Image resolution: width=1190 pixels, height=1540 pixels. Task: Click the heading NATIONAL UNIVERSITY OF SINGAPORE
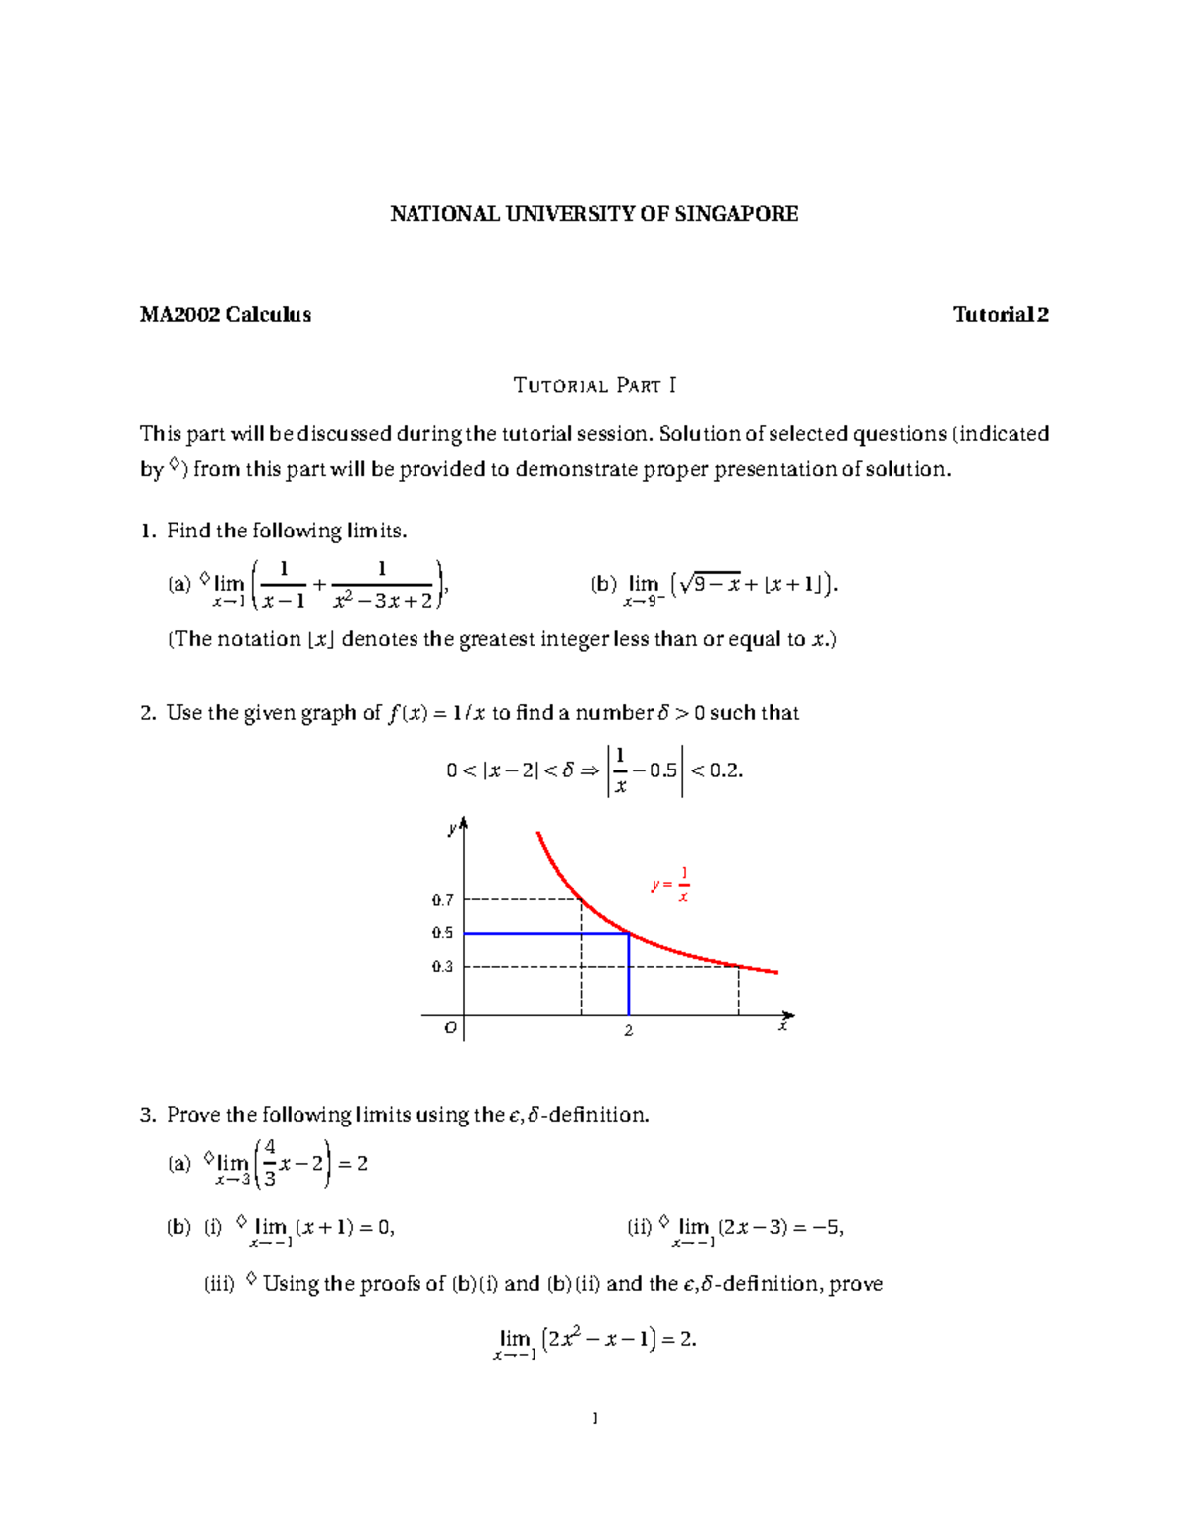click(594, 214)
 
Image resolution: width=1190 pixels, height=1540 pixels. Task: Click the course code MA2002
click(179, 315)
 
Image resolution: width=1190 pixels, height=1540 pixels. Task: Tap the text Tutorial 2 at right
click(1000, 315)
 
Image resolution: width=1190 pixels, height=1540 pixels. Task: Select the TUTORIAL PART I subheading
click(594, 386)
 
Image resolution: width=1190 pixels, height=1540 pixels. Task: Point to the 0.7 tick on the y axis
click(442, 900)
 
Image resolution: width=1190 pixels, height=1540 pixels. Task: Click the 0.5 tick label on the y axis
click(442, 933)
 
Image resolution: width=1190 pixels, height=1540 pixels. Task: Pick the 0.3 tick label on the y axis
click(442, 967)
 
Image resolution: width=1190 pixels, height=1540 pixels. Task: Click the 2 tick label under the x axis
click(628, 1031)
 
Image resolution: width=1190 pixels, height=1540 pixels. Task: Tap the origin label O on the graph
click(450, 1028)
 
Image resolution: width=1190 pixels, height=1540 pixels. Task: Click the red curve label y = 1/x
click(670, 885)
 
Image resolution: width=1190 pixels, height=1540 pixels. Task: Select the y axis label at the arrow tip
click(452, 829)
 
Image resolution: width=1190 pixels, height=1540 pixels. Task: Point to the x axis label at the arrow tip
click(782, 1027)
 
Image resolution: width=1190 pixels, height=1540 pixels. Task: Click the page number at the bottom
click(594, 1419)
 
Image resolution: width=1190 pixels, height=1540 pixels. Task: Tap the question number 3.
click(147, 1116)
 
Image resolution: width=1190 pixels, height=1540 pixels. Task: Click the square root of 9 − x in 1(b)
click(710, 585)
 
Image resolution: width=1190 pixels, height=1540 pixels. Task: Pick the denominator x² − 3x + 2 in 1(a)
click(383, 601)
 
